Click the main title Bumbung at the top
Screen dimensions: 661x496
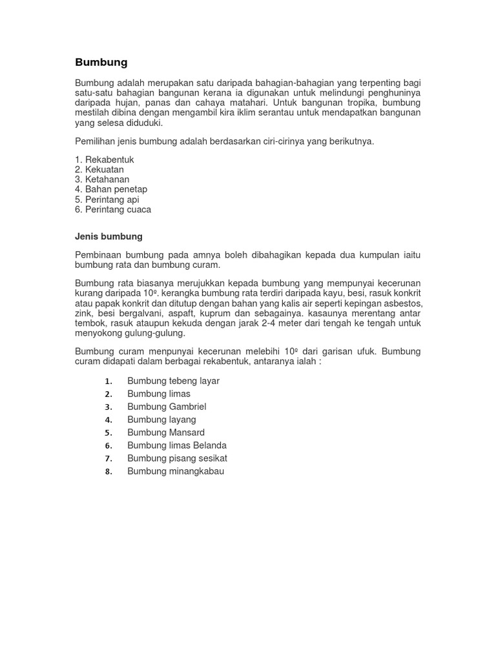101,63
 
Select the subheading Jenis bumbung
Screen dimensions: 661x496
108,236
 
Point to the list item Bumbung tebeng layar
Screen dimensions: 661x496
173,381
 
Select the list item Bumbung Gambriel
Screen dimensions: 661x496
167,407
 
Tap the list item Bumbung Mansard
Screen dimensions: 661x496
166,432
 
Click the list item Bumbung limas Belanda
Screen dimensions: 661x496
177,445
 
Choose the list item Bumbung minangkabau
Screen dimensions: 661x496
176,471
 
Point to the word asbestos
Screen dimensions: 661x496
404,303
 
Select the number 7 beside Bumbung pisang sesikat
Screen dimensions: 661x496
108,458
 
